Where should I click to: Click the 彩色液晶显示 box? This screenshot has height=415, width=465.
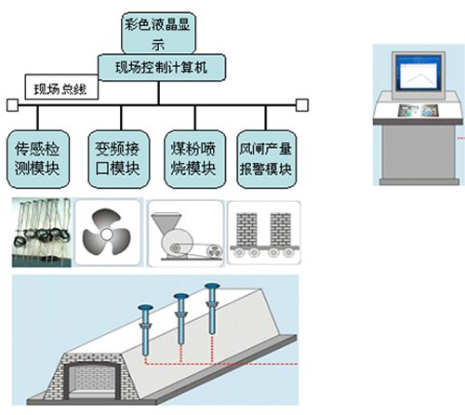[x=158, y=33]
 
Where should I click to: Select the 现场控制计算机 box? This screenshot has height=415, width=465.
[x=162, y=68]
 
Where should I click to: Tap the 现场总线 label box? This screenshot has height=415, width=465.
[x=61, y=87]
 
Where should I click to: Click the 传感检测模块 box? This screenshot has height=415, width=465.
[x=38, y=159]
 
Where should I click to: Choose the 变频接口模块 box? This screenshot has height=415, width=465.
[x=118, y=159]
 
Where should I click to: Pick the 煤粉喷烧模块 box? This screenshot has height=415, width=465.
[x=194, y=159]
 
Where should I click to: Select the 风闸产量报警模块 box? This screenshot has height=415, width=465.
[x=267, y=159]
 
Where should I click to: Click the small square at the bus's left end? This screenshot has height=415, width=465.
[x=12, y=105]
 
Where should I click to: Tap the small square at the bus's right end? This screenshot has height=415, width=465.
[x=302, y=105]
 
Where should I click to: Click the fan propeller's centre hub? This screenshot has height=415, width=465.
[x=106, y=234]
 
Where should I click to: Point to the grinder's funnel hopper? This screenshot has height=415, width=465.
[x=166, y=222]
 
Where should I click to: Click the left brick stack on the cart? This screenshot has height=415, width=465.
[x=246, y=229]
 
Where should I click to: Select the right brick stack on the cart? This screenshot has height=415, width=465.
[x=280, y=229]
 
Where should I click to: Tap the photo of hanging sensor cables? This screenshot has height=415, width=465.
[x=41, y=233]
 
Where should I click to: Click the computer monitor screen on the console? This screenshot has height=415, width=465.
[x=420, y=73]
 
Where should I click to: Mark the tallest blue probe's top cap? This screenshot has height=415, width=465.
[x=212, y=285]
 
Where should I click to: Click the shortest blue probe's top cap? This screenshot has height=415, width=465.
[x=146, y=307]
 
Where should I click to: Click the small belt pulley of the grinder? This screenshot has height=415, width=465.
[x=214, y=251]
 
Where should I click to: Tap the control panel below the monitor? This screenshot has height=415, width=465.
[x=417, y=111]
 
